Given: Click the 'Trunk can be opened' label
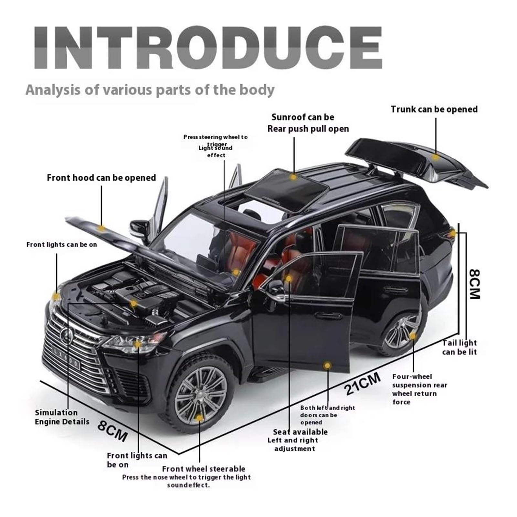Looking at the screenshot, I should (x=434, y=109).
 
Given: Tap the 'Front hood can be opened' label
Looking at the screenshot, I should (x=101, y=178).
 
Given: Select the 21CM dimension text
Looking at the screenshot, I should (x=362, y=384).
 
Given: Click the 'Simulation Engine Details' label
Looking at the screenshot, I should (x=62, y=417).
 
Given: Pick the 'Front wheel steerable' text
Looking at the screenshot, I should (x=204, y=469).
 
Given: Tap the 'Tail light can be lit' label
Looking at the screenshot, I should (x=459, y=347).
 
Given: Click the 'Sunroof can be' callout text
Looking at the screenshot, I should (x=303, y=117).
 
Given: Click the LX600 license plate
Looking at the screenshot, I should (x=66, y=358).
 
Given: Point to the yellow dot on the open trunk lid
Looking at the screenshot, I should (x=436, y=157).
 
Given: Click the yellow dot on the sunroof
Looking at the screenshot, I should (x=293, y=177).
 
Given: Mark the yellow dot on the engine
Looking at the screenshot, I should (x=133, y=303).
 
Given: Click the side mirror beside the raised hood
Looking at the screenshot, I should (x=140, y=229).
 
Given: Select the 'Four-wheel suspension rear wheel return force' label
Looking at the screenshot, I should (x=419, y=389).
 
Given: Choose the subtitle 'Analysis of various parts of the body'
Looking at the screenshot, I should (x=150, y=90).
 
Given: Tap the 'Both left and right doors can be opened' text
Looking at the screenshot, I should (x=327, y=415).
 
